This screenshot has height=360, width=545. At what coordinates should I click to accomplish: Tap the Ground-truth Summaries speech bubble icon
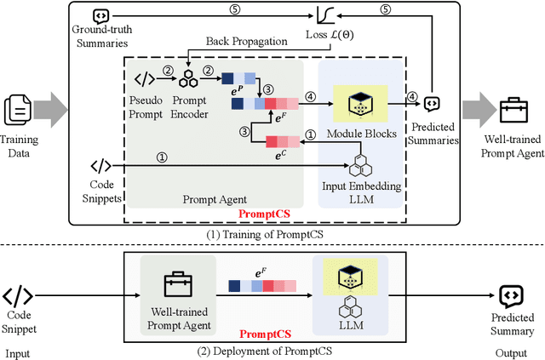click(x=100, y=14)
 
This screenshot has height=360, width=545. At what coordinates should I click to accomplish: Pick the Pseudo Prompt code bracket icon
click(x=146, y=79)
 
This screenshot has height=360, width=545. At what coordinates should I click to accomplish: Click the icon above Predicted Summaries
click(x=433, y=103)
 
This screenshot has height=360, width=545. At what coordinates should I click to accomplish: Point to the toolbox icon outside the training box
click(x=513, y=110)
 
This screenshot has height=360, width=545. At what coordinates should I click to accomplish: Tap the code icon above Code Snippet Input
click(x=18, y=297)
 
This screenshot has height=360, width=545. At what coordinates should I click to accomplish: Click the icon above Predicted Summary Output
click(x=512, y=297)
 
